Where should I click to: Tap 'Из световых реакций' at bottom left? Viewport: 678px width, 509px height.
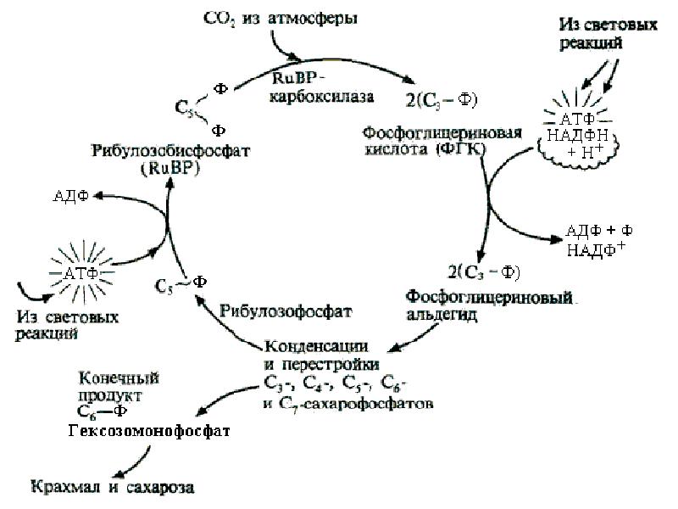click(x=67, y=324)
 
